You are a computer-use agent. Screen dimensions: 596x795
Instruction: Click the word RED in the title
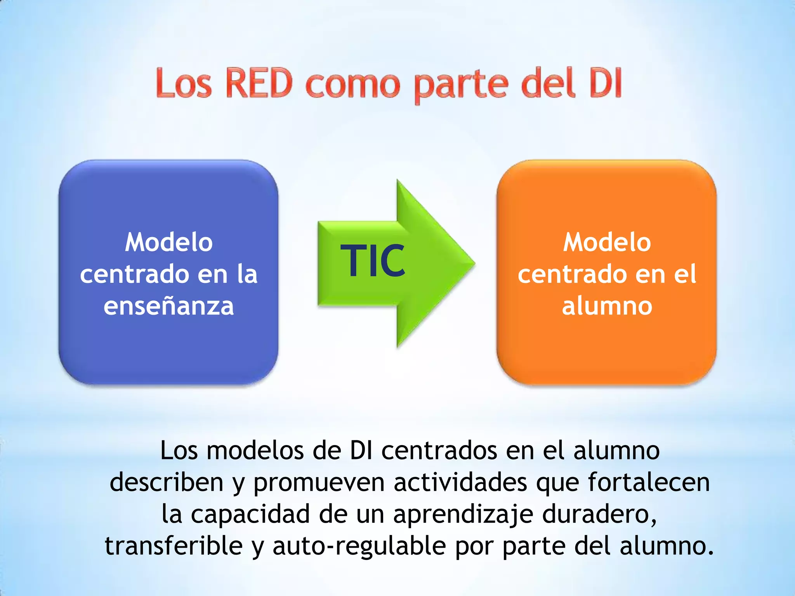pyautogui.click(x=259, y=83)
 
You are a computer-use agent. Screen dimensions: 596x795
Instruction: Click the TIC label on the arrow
pyautogui.click(x=373, y=261)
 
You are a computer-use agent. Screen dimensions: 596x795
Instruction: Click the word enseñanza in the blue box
pyautogui.click(x=169, y=306)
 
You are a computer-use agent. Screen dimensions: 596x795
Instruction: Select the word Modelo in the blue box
pyautogui.click(x=169, y=243)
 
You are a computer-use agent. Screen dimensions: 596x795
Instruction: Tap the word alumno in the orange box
pyautogui.click(x=607, y=306)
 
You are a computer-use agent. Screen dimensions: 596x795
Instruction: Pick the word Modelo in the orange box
pyautogui.click(x=607, y=243)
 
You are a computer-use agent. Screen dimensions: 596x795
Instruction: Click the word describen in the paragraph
pyautogui.click(x=167, y=482)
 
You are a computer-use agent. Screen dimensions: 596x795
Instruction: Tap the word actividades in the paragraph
pyautogui.click(x=460, y=482)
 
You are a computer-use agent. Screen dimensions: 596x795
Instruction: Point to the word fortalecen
pyautogui.click(x=649, y=482)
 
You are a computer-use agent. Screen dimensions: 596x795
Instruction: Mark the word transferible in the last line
pyautogui.click(x=174, y=546)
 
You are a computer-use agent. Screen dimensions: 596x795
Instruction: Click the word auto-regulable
pyautogui.click(x=359, y=546)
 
